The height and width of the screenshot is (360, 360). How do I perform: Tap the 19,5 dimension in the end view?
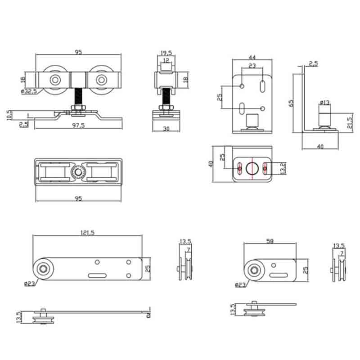[x=166, y=53]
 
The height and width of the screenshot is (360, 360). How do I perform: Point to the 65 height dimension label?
[x=292, y=103]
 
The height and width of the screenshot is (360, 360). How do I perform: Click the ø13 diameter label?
[x=325, y=103]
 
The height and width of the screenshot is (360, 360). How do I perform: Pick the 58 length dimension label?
[x=270, y=242]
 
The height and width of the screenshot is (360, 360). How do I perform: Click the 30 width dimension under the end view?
[x=166, y=129]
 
